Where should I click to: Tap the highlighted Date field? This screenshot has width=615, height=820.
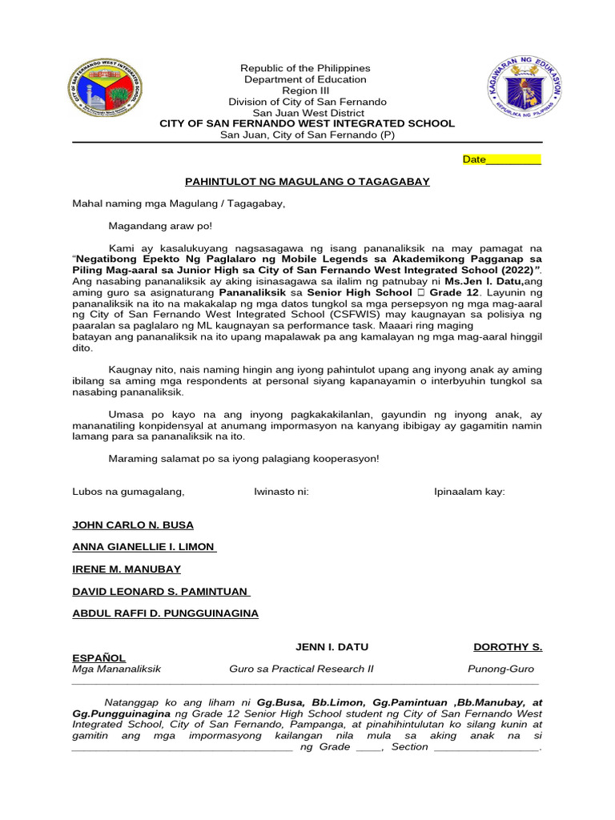(x=502, y=159)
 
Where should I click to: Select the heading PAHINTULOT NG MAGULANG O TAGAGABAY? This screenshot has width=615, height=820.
(x=307, y=182)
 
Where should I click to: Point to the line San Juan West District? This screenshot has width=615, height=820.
(x=307, y=113)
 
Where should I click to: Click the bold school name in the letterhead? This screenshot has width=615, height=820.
(x=307, y=123)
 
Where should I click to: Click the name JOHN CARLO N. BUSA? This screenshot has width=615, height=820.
(x=133, y=525)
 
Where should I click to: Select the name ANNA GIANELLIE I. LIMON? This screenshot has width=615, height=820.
(x=144, y=547)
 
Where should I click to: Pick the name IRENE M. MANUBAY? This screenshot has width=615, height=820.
(x=127, y=569)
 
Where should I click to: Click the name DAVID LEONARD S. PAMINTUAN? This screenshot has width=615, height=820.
(x=161, y=592)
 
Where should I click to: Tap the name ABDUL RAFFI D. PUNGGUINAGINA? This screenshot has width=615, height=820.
(x=166, y=613)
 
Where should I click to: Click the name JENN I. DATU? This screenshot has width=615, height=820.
(x=332, y=647)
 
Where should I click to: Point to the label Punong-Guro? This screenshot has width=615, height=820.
(x=500, y=669)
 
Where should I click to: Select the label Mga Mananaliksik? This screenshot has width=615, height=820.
(x=117, y=669)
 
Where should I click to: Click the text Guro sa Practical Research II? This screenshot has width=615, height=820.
(x=301, y=669)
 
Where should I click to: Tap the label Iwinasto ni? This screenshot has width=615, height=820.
(x=281, y=492)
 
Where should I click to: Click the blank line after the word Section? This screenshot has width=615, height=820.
(x=487, y=748)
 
